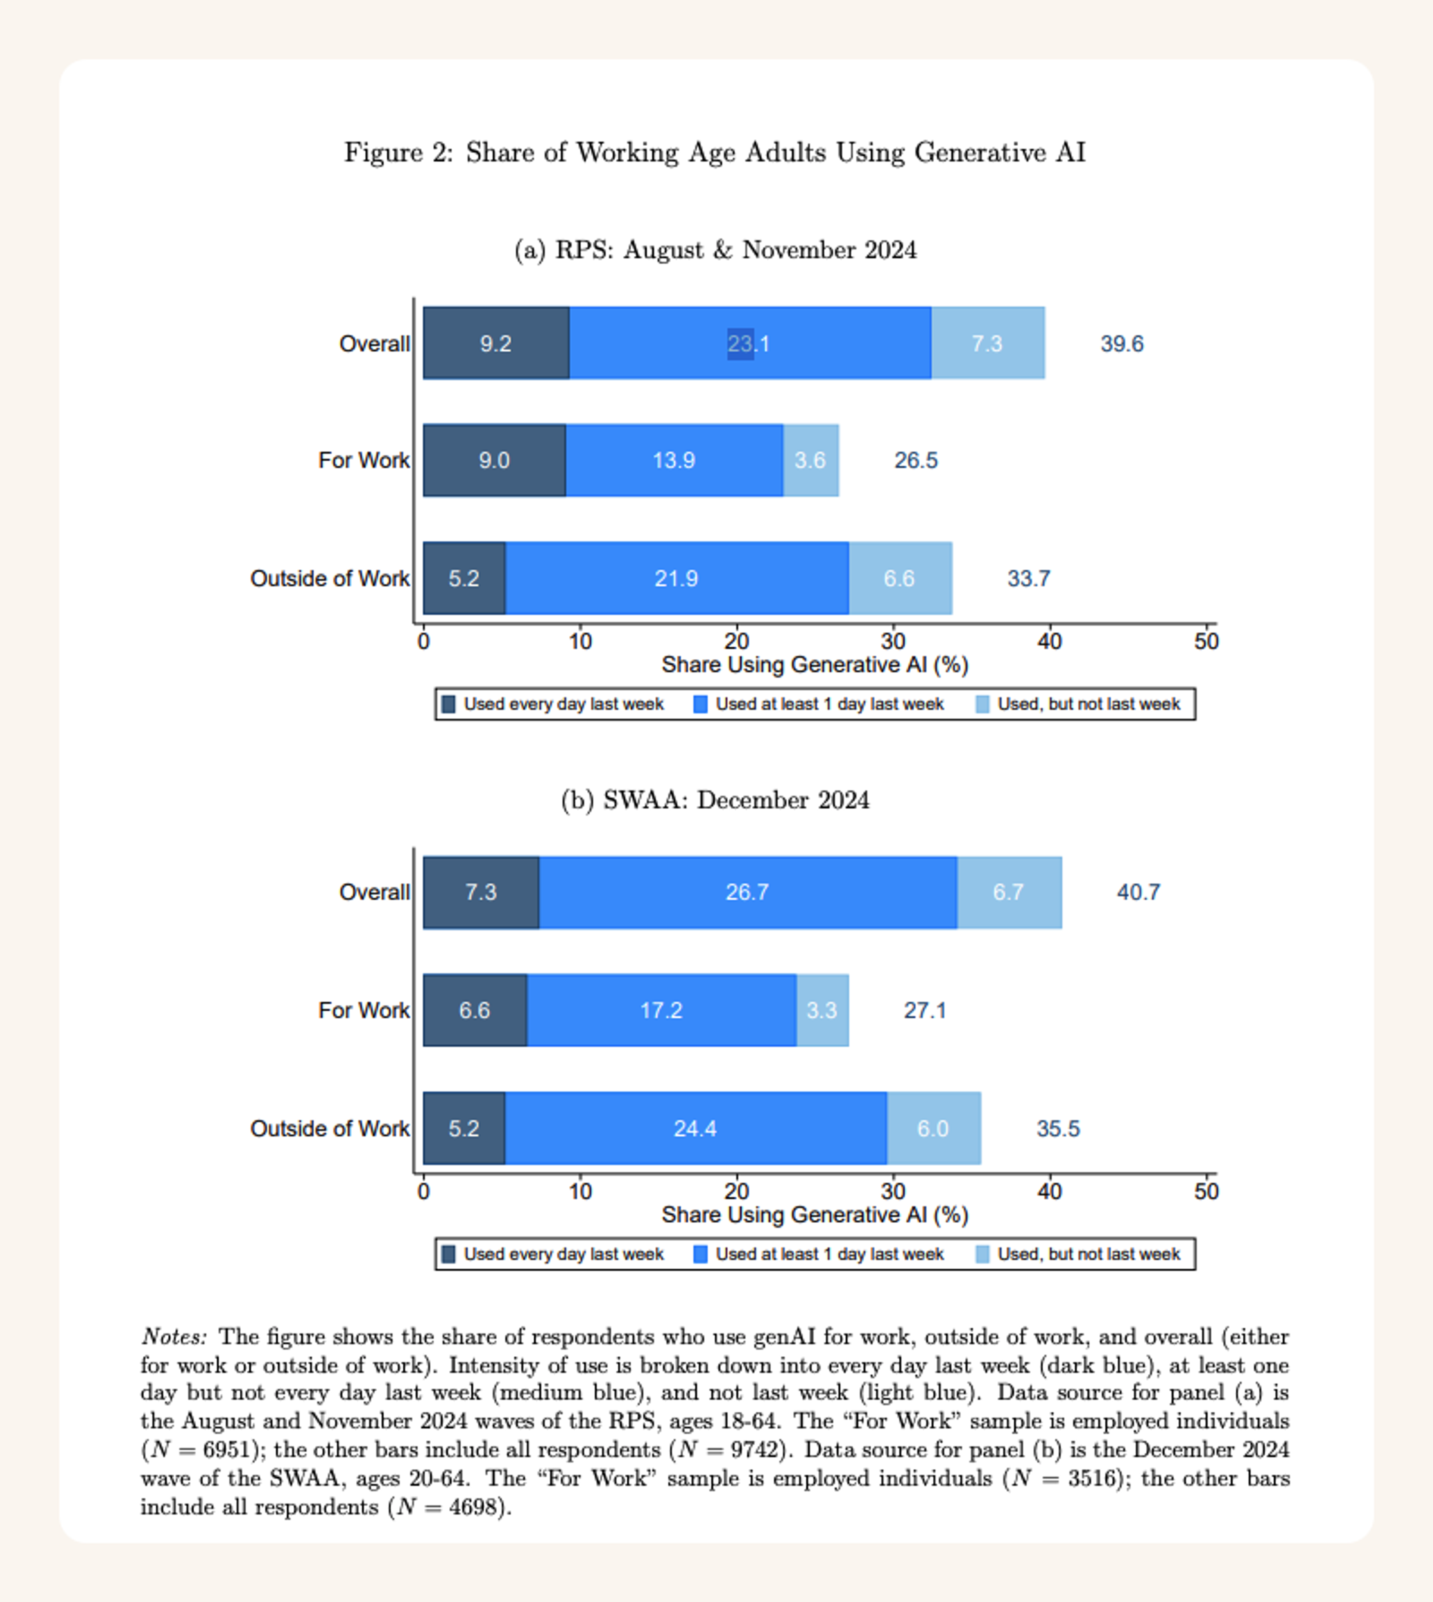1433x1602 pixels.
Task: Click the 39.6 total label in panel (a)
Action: tap(1121, 344)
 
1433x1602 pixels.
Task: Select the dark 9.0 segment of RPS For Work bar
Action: tap(494, 461)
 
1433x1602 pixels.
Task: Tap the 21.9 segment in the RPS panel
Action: tap(676, 579)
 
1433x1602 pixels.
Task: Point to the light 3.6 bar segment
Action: tap(810, 461)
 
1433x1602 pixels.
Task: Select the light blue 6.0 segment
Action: tap(933, 1129)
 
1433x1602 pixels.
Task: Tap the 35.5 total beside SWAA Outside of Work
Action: tap(1058, 1129)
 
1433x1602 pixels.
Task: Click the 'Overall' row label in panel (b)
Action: tap(374, 892)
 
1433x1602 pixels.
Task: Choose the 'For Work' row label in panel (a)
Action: tap(364, 461)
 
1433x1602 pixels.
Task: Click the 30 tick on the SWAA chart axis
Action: tap(893, 1192)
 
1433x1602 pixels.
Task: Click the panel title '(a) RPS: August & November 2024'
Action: tap(715, 251)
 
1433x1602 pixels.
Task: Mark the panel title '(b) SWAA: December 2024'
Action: tap(715, 800)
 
